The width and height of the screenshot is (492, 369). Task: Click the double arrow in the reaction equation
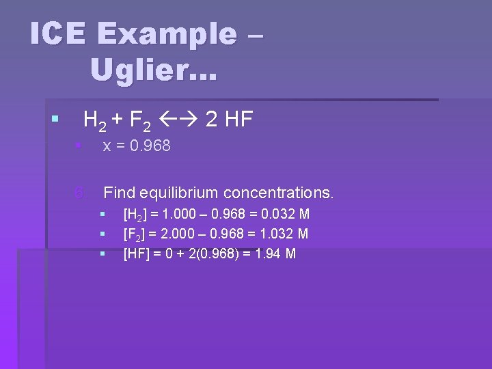click(178, 120)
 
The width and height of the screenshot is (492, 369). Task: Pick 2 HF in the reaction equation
click(230, 120)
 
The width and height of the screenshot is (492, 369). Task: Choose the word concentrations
click(278, 193)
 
